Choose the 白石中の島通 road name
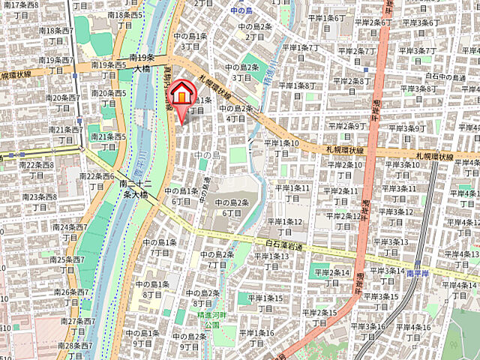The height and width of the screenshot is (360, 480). tap(445, 76)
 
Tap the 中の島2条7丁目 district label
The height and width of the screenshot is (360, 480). tap(217, 259)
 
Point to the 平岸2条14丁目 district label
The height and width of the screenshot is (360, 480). tap(331, 277)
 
